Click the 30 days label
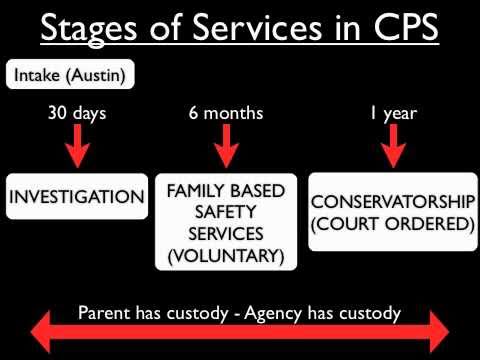[76, 113]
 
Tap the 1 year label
[393, 113]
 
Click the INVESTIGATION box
[76, 197]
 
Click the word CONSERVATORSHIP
[393, 198]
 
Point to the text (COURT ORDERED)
[393, 222]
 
